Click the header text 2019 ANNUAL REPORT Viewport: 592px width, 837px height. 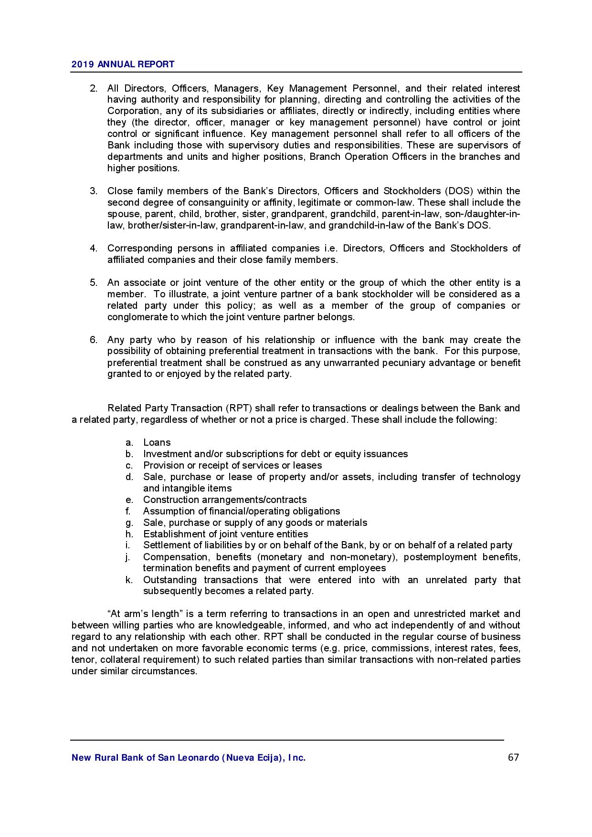click(x=123, y=64)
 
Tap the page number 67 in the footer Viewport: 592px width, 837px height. click(x=513, y=757)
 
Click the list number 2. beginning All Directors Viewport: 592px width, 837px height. click(x=94, y=88)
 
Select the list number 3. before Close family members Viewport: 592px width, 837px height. click(x=94, y=191)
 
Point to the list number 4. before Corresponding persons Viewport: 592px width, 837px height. click(x=94, y=249)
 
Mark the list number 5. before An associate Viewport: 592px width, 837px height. click(x=94, y=283)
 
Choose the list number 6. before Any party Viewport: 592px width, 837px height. click(x=94, y=340)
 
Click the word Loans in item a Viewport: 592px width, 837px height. click(x=157, y=443)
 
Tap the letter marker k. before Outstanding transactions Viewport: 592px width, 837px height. click(x=129, y=580)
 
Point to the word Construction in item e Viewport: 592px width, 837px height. click(x=169, y=500)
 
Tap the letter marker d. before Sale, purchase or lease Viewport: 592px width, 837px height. click(x=129, y=477)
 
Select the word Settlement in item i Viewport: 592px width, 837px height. click(x=166, y=545)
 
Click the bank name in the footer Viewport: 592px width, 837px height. click(x=188, y=758)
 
